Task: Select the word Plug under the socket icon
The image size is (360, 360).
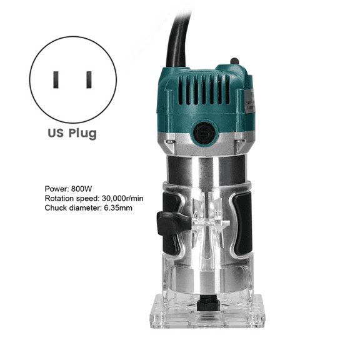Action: [x=84, y=134]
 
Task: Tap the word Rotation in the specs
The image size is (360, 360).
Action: [x=61, y=198]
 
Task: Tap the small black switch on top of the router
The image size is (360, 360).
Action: [x=234, y=62]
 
